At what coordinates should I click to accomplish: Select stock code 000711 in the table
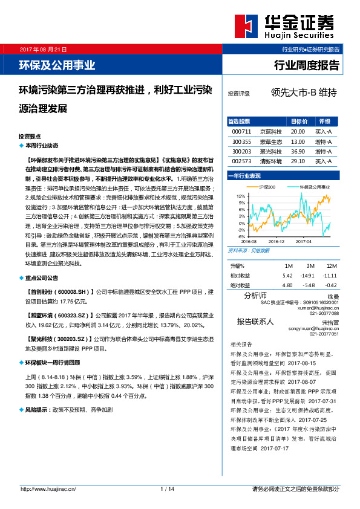[241, 131]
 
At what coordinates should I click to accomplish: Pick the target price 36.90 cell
[297, 151]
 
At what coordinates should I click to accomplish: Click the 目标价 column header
[299, 121]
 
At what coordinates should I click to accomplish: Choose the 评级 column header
[324, 121]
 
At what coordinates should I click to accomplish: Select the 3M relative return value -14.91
[307, 275]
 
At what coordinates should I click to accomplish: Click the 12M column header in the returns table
[330, 266]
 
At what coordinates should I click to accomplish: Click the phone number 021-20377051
[324, 334]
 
